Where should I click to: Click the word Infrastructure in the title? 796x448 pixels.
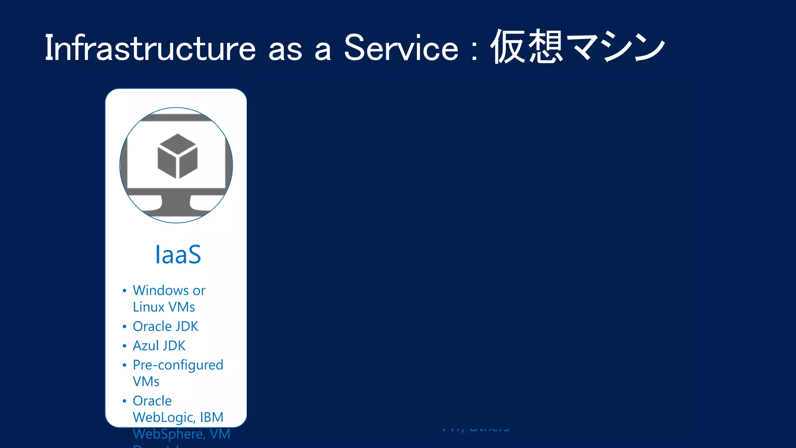[150, 48]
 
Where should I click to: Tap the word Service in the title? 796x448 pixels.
[401, 48]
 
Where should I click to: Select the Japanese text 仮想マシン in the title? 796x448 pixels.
[578, 47]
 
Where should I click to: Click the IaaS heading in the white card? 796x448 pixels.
[178, 255]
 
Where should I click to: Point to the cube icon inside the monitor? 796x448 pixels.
[177, 156]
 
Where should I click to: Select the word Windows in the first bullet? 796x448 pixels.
[161, 290]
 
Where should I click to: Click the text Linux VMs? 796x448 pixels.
[164, 307]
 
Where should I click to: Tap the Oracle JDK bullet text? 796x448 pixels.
[165, 326]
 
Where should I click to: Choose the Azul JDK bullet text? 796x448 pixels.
[159, 346]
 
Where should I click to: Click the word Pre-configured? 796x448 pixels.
[178, 365]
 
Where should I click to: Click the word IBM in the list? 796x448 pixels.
[212, 417]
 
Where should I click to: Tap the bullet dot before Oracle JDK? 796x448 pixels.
[124, 327]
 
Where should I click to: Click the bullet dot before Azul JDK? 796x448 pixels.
[124, 346]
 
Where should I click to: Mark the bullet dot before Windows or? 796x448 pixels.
[124, 291]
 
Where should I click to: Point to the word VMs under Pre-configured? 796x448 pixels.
[146, 381]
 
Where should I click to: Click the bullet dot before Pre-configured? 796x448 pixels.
[124, 365]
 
